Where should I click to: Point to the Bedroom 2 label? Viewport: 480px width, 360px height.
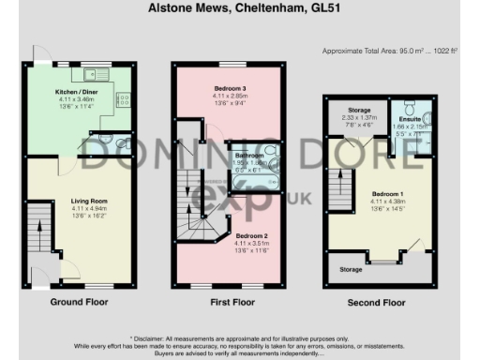coord(253,235)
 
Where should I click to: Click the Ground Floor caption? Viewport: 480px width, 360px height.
coord(80,302)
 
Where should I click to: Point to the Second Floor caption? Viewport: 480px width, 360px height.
coord(377,302)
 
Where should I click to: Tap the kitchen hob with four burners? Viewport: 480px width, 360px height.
coord(122,97)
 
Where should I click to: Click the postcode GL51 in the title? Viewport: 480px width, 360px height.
coord(318,7)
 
